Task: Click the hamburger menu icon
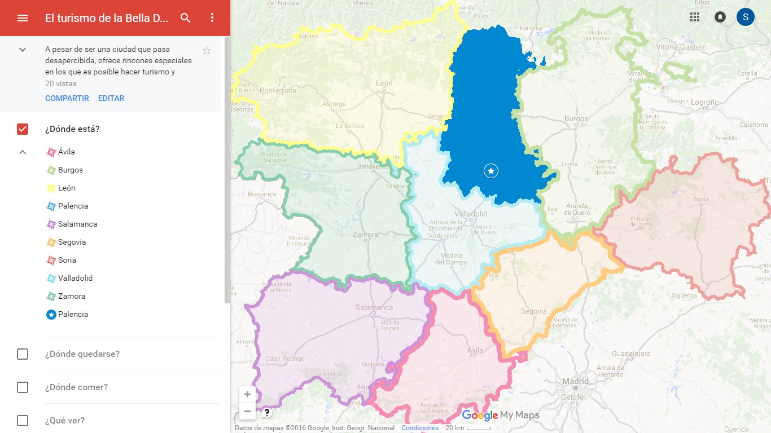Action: (23, 17)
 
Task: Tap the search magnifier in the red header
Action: (186, 17)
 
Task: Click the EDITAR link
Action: (111, 98)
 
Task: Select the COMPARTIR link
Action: (67, 98)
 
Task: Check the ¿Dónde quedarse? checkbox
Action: (23, 354)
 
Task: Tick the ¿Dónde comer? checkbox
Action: (23, 387)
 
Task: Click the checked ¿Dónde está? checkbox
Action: (23, 129)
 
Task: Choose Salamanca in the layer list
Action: (77, 224)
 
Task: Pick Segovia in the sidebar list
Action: (72, 242)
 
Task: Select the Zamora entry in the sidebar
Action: (72, 296)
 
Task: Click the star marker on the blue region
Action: (491, 170)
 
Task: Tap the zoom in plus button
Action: (247, 394)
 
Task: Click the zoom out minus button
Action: (247, 412)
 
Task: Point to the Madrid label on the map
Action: (575, 382)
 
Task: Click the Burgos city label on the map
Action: (576, 118)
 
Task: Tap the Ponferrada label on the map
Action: (278, 90)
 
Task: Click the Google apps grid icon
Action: (695, 17)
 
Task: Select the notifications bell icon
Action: (720, 17)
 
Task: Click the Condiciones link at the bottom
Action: (420, 428)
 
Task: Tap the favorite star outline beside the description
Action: (207, 51)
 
